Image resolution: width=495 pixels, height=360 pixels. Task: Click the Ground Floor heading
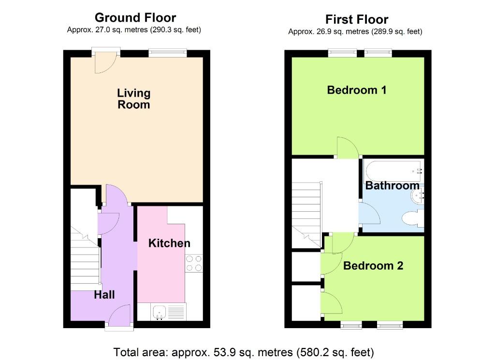click(x=135, y=18)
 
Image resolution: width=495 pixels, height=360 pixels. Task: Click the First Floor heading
click(x=357, y=19)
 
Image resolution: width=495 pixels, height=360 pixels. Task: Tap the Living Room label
click(x=133, y=99)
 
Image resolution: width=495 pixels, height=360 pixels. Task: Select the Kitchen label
click(x=169, y=243)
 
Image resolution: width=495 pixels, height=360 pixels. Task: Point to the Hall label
click(x=104, y=295)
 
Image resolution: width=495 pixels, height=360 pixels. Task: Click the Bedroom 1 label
click(x=357, y=90)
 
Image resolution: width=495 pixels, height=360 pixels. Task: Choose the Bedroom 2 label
click(x=373, y=266)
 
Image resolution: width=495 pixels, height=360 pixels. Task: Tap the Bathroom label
click(x=392, y=186)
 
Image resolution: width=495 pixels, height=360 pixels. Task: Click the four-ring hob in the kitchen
click(x=194, y=263)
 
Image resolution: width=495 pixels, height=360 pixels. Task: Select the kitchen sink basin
click(x=160, y=312)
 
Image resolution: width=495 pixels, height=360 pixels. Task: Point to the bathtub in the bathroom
click(x=394, y=171)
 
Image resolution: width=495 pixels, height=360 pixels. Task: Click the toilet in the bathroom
click(x=413, y=218)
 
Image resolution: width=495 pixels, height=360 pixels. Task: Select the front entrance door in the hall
click(x=119, y=315)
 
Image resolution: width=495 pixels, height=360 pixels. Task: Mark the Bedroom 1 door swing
click(x=348, y=147)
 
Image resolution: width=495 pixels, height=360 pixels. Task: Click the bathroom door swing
click(x=369, y=213)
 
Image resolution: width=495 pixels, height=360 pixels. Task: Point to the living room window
click(x=168, y=53)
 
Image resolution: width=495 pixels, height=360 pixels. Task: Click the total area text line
click(x=244, y=352)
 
